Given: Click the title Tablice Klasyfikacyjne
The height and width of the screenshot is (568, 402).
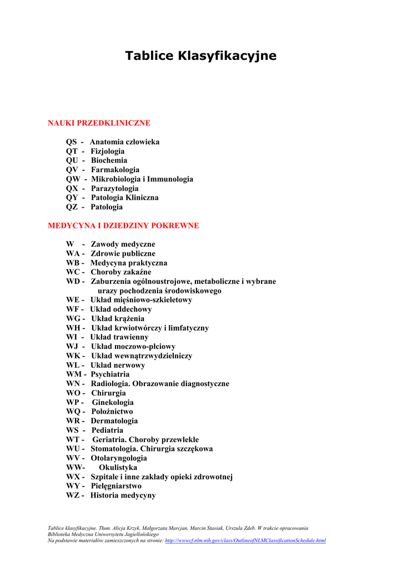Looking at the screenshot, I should pyautogui.click(x=200, y=56).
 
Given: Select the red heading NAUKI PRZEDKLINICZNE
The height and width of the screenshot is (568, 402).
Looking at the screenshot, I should pyautogui.click(x=99, y=123).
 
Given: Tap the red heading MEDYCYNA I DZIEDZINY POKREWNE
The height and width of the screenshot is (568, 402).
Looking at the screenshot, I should pyautogui.click(x=123, y=226).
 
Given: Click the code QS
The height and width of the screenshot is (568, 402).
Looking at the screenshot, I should pyautogui.click(x=72, y=142).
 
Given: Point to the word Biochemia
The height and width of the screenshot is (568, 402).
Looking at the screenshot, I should pyautogui.click(x=109, y=160).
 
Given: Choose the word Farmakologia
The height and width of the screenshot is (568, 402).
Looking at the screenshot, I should pyautogui.click(x=115, y=170).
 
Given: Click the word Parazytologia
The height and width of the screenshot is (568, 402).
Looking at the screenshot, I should pyautogui.click(x=115, y=189).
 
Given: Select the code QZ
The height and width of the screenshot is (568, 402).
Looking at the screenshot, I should pyautogui.click(x=72, y=207).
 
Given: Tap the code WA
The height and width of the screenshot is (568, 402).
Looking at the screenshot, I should pyautogui.click(x=73, y=253).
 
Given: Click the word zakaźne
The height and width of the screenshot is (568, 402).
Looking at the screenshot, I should pyautogui.click(x=137, y=272).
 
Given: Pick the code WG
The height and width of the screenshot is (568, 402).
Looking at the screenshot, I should pyautogui.click(x=73, y=319).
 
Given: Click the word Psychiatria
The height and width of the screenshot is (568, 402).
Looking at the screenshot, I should pyautogui.click(x=110, y=374).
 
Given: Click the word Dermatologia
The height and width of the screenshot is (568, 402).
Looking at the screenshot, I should pyautogui.click(x=114, y=421).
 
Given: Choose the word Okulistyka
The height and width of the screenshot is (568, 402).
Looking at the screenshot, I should pyautogui.click(x=118, y=468).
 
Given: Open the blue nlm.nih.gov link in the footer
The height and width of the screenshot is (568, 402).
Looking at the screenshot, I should pyautogui.click(x=245, y=540).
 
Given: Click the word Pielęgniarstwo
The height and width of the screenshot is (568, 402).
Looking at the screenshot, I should pyautogui.click(x=116, y=486).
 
